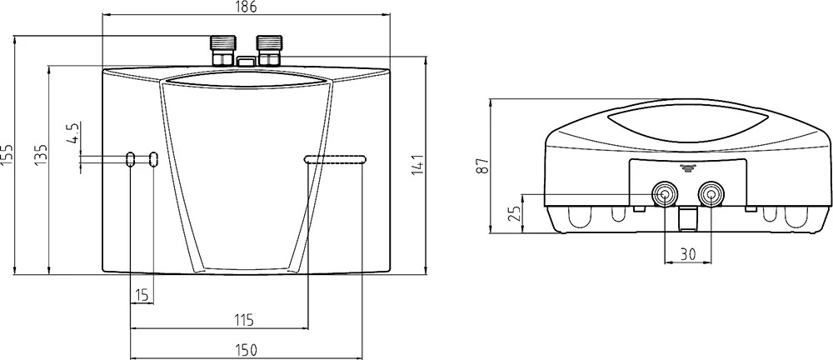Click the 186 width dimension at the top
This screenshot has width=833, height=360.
point(246,7)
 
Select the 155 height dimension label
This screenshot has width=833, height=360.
point(7,154)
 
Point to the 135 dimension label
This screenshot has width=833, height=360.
point(42,154)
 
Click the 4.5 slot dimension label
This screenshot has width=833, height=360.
point(72,133)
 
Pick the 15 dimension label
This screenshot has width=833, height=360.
point(142,294)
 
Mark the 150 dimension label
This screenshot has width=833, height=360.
point(246,350)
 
